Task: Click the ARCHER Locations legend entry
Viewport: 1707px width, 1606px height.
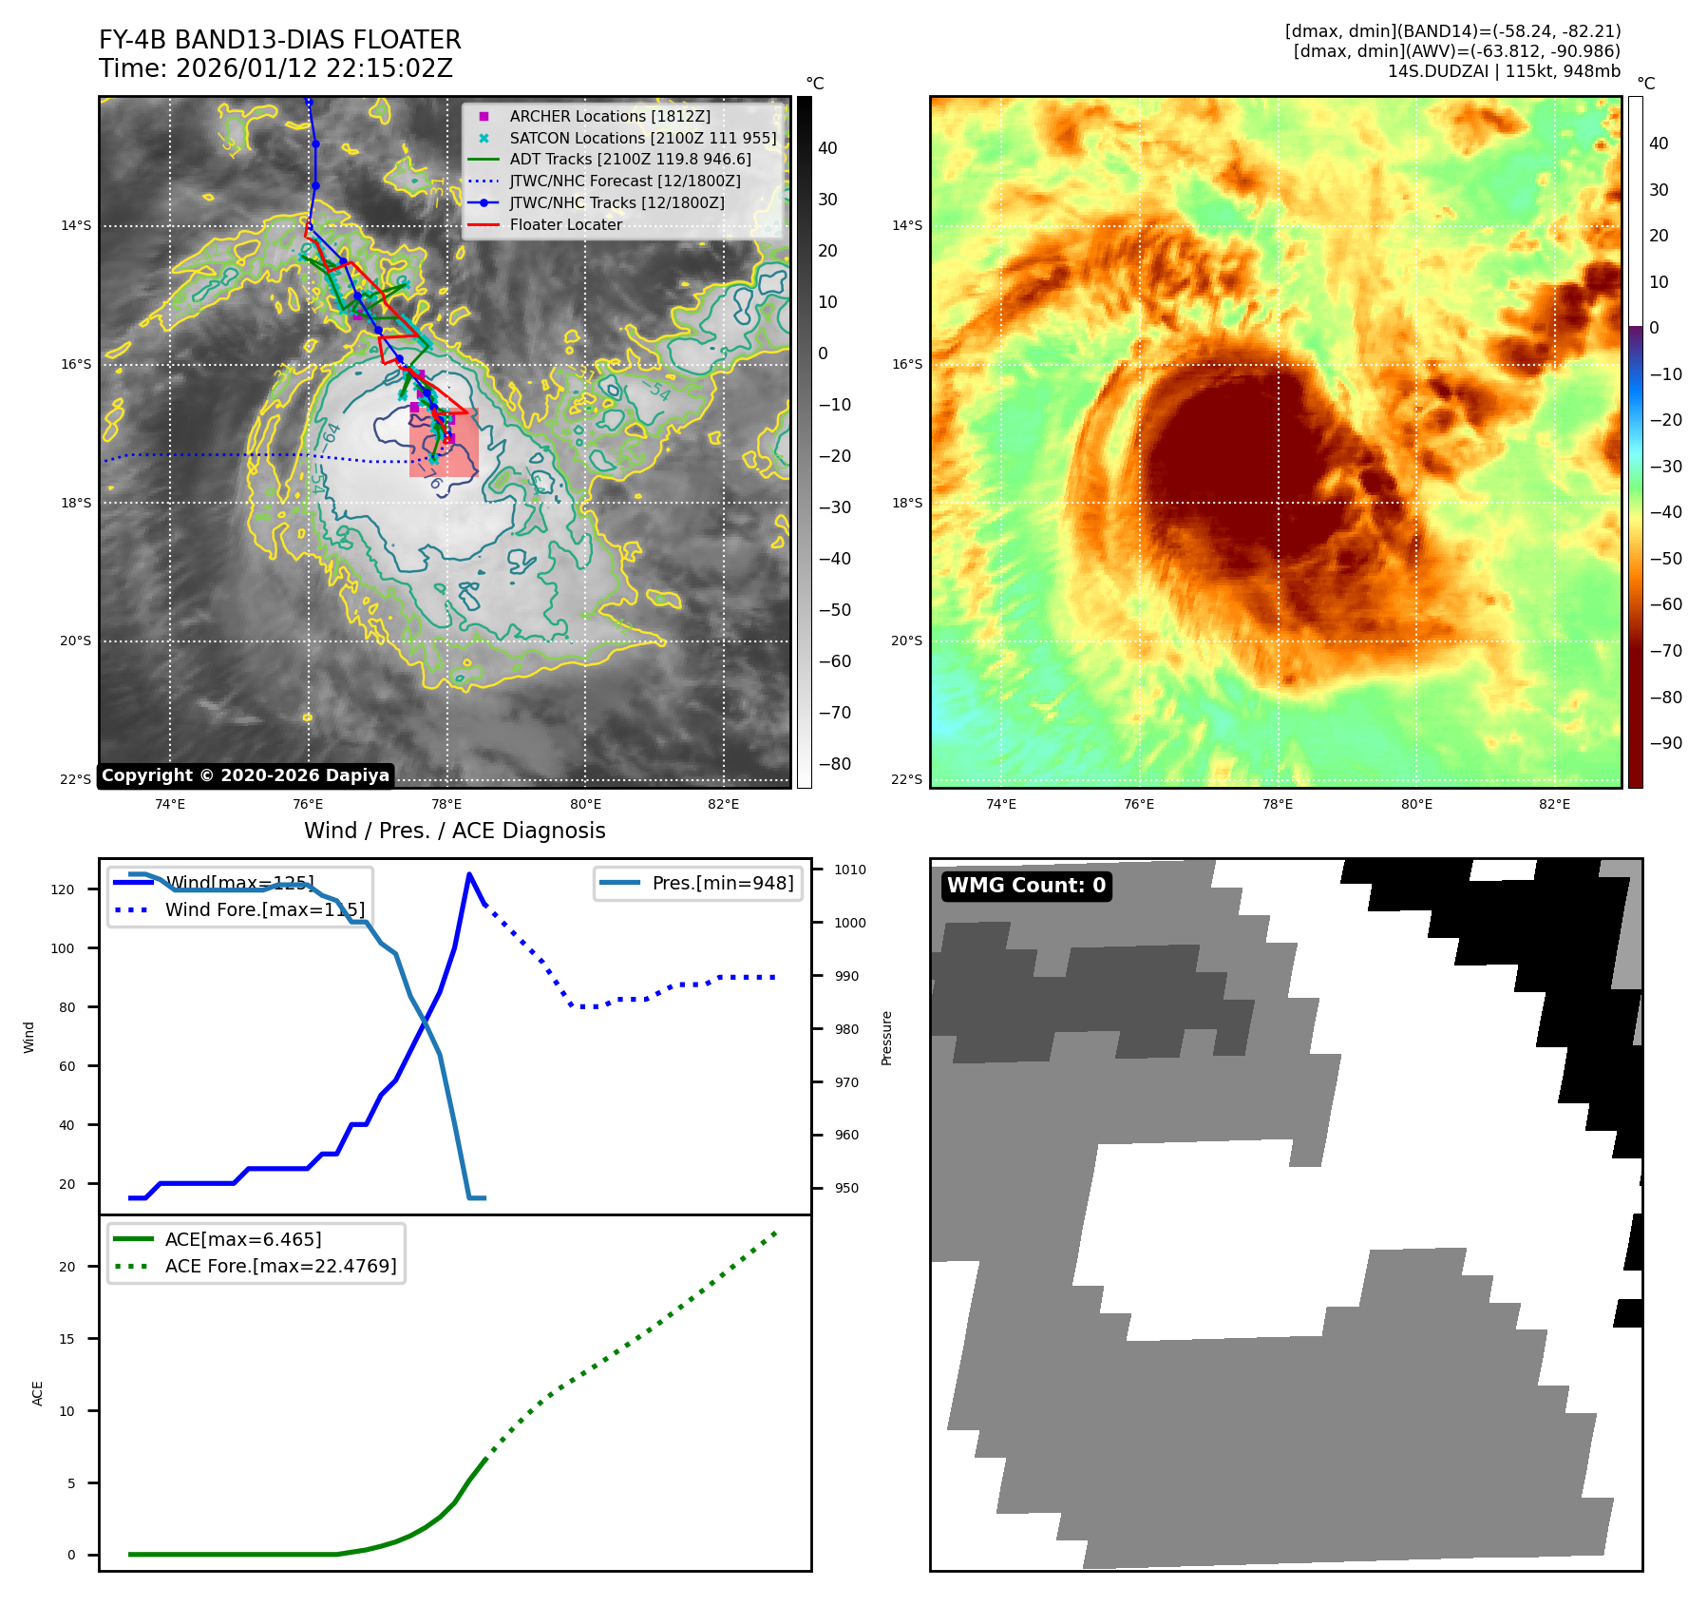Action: tap(609, 116)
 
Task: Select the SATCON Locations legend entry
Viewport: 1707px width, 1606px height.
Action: tap(642, 138)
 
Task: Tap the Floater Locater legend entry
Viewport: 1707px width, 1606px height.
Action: tap(565, 224)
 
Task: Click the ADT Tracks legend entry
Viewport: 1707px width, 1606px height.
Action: tap(630, 160)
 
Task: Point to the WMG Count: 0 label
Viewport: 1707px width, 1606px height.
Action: tap(1026, 886)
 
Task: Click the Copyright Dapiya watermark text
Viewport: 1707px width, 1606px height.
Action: tap(245, 775)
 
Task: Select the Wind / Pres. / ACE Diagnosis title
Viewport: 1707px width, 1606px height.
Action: tap(454, 831)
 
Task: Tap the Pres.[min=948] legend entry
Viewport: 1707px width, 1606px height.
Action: tap(722, 883)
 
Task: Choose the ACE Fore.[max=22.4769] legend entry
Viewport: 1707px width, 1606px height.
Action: tap(280, 1266)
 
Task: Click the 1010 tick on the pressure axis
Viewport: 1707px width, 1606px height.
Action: tap(849, 870)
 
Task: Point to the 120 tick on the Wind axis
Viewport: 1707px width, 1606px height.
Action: tap(63, 889)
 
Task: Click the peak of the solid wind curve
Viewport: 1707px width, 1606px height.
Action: tap(469, 874)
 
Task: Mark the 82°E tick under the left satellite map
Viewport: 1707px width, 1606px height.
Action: tap(723, 805)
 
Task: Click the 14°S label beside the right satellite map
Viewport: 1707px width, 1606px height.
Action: tap(906, 226)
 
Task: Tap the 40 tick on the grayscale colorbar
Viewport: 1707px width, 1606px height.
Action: tap(827, 148)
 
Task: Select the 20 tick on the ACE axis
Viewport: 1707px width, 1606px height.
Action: tap(67, 1267)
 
